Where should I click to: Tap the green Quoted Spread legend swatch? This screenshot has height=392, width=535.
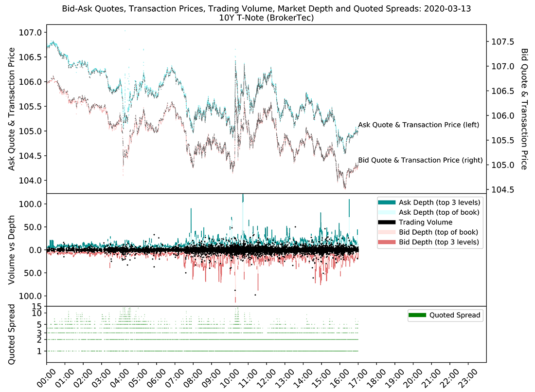(x=416, y=316)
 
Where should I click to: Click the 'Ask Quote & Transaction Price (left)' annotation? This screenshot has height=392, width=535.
(x=419, y=125)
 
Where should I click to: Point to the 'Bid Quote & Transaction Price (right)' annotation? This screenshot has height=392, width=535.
(x=420, y=160)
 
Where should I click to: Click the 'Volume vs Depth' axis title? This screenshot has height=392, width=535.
(x=12, y=250)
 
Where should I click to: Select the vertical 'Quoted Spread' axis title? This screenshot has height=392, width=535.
(x=12, y=335)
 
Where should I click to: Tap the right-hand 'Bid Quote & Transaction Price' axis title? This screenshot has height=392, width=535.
(x=524, y=109)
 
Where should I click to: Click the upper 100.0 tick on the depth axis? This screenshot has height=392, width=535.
(x=33, y=204)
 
